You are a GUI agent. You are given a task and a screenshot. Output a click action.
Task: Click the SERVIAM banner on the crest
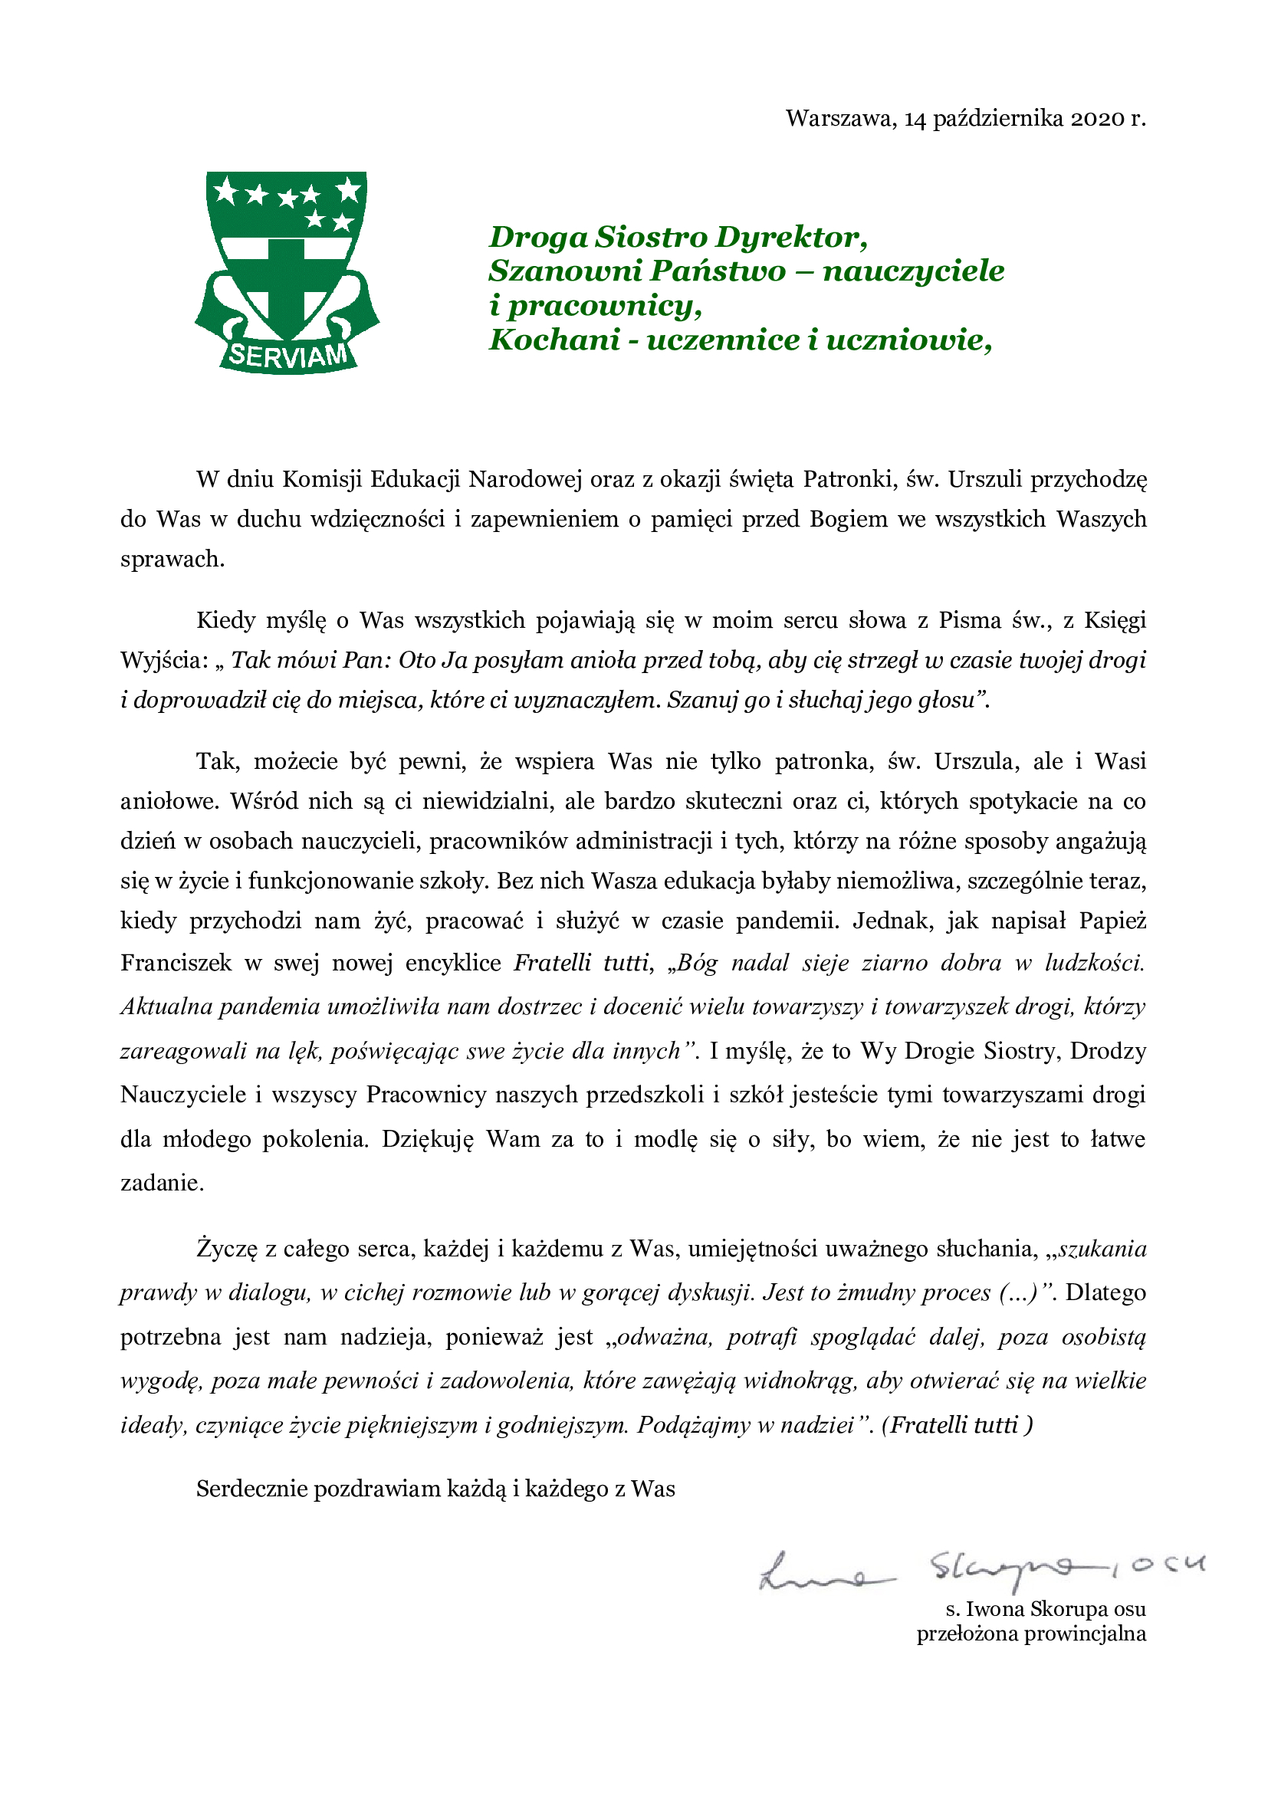[x=287, y=356]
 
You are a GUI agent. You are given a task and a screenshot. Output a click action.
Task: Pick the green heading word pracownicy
[x=604, y=305]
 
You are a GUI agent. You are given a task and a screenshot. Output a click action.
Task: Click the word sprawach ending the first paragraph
[x=172, y=559]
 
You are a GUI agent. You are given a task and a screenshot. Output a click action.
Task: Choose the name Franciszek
[x=176, y=962]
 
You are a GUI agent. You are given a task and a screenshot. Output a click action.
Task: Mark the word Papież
[x=1112, y=921]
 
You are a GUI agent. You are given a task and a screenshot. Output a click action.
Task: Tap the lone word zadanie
[x=162, y=1183]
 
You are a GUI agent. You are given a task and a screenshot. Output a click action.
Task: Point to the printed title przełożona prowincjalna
[x=1030, y=1634]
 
